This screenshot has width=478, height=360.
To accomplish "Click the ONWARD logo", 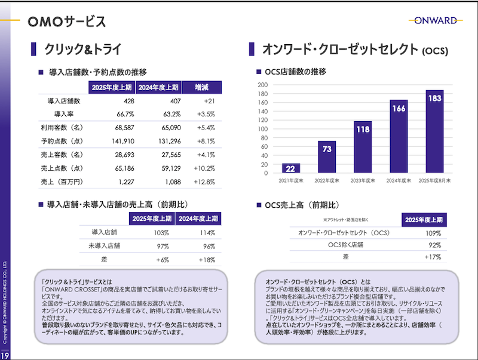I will [x=433, y=20].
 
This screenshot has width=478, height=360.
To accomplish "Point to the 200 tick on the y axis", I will [x=262, y=85].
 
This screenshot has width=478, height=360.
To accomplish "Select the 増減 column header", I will [x=201, y=87].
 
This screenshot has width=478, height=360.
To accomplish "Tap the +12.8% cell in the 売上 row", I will [x=204, y=181].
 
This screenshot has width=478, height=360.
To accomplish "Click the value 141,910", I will [x=122, y=141].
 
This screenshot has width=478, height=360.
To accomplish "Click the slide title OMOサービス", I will [x=67, y=22].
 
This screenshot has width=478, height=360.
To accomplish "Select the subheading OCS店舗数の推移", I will [x=295, y=72].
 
